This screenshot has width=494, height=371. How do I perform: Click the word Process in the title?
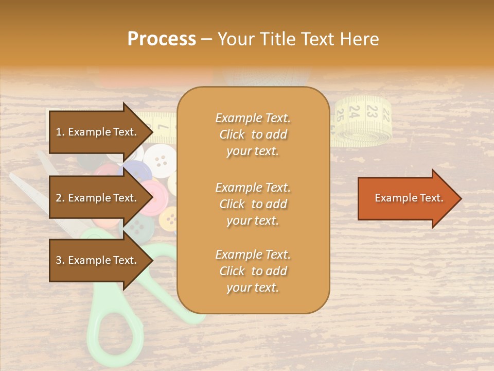(162, 39)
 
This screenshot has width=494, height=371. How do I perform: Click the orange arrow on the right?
(409, 198)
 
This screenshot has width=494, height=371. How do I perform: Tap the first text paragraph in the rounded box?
(253, 134)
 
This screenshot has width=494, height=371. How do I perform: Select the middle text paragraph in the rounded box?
(253, 204)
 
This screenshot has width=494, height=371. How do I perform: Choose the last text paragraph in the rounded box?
(253, 271)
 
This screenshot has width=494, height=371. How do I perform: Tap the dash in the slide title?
(206, 39)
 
